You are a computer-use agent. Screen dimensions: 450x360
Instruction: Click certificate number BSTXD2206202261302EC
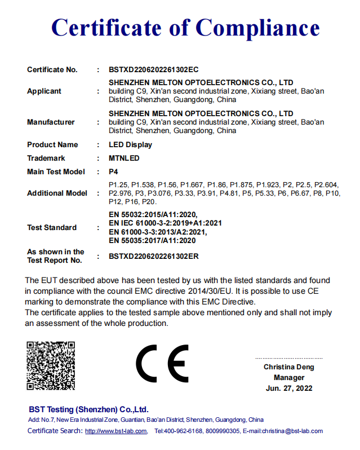tap(154, 70)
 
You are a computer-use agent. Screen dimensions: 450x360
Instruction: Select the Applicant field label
tap(44, 91)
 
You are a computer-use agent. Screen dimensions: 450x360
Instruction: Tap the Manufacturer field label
tap(51, 122)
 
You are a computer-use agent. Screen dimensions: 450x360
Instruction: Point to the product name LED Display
tap(130, 145)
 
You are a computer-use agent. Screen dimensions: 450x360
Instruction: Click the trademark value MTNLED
tap(124, 158)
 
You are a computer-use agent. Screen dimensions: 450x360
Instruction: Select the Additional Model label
tap(57, 193)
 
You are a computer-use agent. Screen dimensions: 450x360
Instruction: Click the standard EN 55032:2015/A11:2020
tap(152, 214)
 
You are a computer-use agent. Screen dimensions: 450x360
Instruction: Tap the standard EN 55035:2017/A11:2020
tap(152, 240)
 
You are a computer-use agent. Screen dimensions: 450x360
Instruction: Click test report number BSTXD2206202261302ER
tap(154, 257)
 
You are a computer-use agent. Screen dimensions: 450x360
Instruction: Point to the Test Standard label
tap(52, 228)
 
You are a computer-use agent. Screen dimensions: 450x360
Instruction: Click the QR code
tap(51, 365)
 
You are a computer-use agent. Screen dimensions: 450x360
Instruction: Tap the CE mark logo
tap(162, 363)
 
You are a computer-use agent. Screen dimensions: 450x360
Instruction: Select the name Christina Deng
tap(289, 368)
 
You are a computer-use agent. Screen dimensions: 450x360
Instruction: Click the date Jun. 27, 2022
tap(289, 389)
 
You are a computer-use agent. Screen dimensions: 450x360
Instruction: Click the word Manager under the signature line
tap(289, 378)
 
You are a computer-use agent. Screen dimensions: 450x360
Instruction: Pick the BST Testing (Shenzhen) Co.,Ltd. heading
tap(88, 409)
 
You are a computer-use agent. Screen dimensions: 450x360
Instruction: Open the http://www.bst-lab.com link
tap(115, 431)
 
